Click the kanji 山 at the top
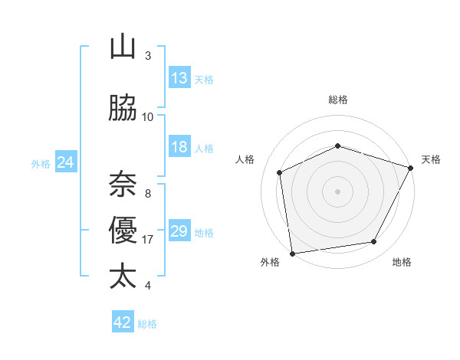point(123,47)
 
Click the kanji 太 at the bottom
point(123,277)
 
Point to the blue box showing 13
point(179,78)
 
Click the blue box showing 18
point(179,148)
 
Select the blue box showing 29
point(179,231)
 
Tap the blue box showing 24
point(66,162)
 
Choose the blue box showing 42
point(123,322)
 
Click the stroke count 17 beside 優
point(148,240)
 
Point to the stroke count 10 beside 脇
point(148,117)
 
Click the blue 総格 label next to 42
point(147,324)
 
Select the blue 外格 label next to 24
point(41,163)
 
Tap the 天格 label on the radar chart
point(431,159)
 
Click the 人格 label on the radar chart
point(245,159)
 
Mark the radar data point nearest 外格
point(292,253)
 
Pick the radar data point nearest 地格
point(374,242)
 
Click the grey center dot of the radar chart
point(337,191)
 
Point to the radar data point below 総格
point(337,146)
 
